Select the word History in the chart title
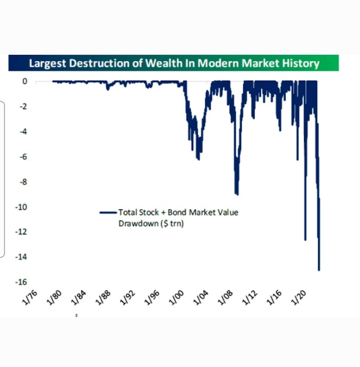point(300,63)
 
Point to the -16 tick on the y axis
point(22,282)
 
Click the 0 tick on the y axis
point(25,82)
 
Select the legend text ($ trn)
point(172,224)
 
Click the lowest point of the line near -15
point(319,270)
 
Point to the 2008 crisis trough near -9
point(237,194)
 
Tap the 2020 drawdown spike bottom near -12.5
point(305,239)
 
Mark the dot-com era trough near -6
point(198,159)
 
